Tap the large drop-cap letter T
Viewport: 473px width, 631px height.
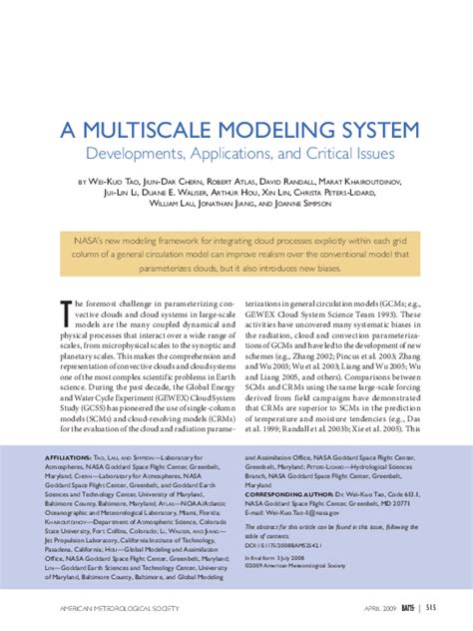click(x=65, y=311)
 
